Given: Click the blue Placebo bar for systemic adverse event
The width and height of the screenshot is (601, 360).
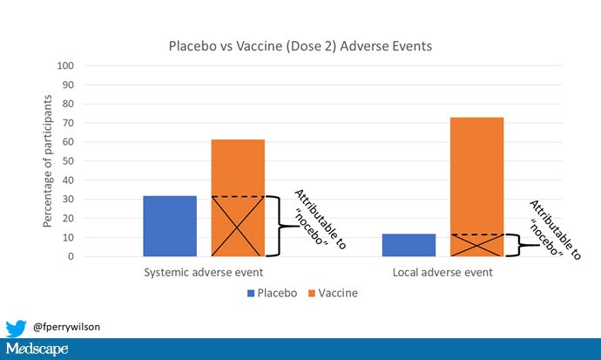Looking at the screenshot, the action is (170, 226).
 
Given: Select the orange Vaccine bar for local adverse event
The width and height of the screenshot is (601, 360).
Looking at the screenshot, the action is (476, 187).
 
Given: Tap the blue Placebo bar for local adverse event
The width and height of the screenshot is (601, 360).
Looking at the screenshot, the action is (409, 245).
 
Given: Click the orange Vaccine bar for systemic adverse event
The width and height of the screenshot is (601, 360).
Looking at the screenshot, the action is (238, 198).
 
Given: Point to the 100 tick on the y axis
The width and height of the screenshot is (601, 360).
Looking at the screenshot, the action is (65, 65).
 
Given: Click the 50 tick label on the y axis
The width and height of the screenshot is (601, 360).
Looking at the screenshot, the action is (68, 161).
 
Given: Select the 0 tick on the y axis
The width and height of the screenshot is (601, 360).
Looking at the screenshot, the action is (71, 256).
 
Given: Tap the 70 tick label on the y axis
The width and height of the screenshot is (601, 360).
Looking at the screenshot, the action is (68, 123).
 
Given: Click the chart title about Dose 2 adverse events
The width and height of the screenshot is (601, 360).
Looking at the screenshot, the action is (300, 46).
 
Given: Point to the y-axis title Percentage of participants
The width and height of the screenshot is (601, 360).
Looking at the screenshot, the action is (47, 161).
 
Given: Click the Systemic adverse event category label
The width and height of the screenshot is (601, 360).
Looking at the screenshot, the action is (204, 272).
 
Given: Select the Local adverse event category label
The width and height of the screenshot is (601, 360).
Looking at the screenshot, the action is (442, 272).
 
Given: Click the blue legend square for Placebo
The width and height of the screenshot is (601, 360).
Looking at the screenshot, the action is (251, 293).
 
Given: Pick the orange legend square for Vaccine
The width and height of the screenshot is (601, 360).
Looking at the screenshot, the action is (312, 293).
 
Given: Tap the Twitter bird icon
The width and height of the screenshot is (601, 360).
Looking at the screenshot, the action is (16, 328).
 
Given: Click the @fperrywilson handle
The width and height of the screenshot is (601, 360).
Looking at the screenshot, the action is (67, 327).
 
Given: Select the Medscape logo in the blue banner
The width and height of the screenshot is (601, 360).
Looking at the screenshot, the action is (37, 349).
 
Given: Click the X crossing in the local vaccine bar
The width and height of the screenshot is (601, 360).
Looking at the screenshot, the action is (476, 245).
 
